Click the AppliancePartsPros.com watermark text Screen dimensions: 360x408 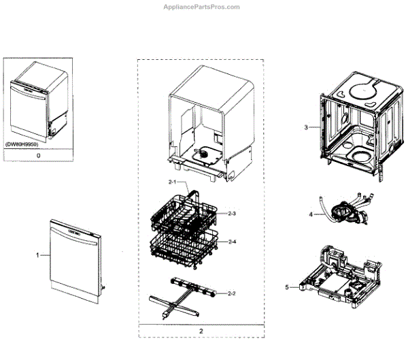(203, 7)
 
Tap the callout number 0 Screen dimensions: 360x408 (38, 156)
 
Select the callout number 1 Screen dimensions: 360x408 (38, 255)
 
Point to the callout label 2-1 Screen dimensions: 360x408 (173, 182)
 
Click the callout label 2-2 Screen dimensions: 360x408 (232, 293)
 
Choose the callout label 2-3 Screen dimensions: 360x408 (232, 214)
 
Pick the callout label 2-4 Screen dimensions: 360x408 (232, 242)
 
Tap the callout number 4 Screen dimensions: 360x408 (310, 214)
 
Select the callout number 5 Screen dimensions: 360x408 (287, 287)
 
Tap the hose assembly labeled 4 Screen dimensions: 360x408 (346, 208)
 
